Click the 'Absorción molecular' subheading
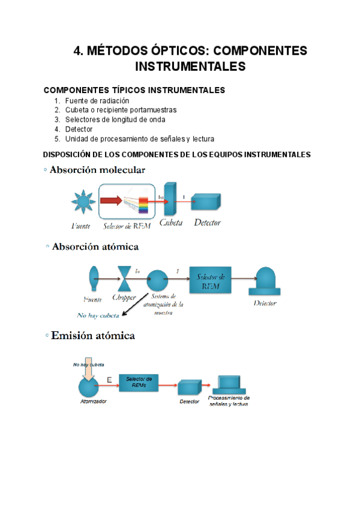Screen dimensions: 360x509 click(97, 170)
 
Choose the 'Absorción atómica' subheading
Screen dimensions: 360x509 click(95, 247)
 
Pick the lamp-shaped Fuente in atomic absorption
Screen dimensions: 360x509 click(93, 278)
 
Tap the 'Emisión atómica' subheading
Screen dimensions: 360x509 click(93, 336)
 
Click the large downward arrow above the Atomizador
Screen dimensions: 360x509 click(88, 373)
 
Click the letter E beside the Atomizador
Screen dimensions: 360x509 click(109, 379)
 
